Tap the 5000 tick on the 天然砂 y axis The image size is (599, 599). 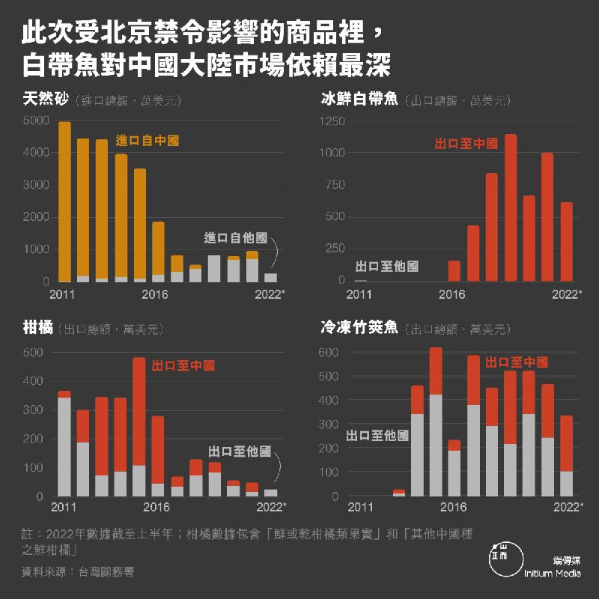point(36,121)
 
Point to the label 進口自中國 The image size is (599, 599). point(148,140)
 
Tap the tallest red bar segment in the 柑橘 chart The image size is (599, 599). point(139,411)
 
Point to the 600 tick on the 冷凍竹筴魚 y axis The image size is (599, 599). point(329,352)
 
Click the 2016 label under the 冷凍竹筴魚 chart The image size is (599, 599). point(452,507)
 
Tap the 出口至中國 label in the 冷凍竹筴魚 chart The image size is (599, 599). point(517,362)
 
